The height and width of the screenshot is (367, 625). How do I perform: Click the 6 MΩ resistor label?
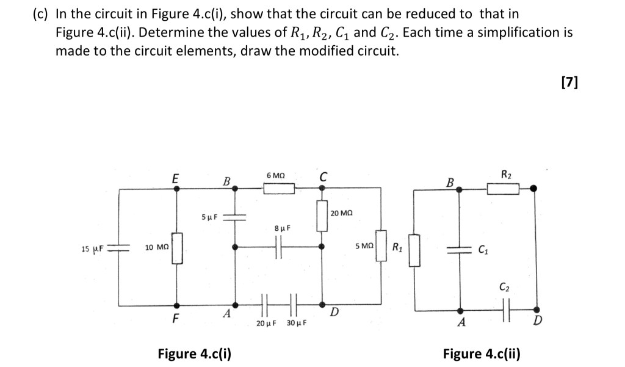coord(276,176)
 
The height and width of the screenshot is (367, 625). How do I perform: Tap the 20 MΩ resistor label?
coord(341,213)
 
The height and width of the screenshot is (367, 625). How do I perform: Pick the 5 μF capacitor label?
coord(208,217)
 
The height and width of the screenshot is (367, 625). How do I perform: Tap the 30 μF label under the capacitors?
coord(296,322)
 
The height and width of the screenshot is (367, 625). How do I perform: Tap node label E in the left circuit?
coord(175,179)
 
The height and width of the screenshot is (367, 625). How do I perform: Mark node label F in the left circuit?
coord(176,318)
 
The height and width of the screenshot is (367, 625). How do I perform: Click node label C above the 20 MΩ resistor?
coord(322,178)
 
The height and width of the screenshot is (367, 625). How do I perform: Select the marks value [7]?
coord(567,81)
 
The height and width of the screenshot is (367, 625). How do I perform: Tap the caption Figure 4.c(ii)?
coord(481,353)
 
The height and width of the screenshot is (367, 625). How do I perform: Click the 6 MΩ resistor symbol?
coord(279,190)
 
